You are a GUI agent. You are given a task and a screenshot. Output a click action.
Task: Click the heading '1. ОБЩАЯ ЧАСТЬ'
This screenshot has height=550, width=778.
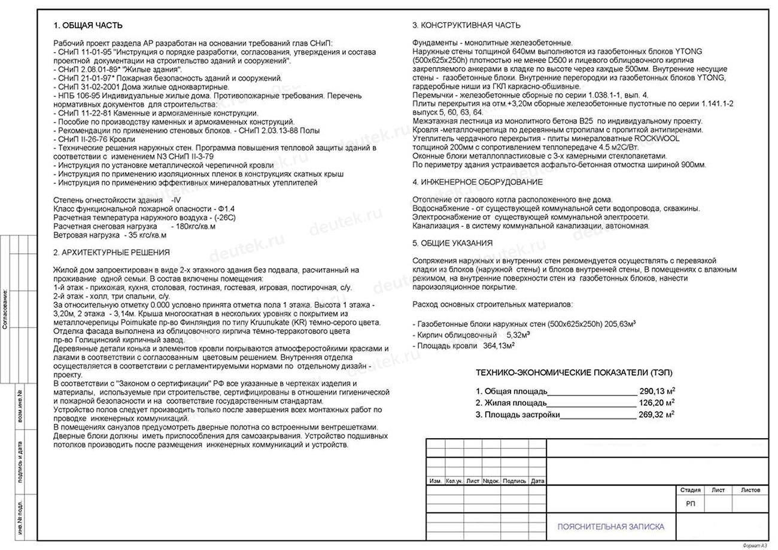click(88, 26)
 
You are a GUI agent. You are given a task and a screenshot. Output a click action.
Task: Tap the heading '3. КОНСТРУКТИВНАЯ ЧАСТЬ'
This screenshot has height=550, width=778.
click(466, 25)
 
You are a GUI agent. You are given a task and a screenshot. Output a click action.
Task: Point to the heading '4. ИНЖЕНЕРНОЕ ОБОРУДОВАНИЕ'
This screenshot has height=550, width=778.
click(478, 182)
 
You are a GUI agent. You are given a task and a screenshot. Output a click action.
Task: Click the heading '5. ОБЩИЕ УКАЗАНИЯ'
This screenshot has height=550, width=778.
click(452, 243)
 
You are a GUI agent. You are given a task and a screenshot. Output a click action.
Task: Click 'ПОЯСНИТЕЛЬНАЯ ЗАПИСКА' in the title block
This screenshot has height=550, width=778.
click(610, 527)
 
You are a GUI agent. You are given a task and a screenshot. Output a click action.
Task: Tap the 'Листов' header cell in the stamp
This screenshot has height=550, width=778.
click(750, 490)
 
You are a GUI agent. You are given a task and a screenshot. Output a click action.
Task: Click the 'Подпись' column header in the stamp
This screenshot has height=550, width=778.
click(515, 481)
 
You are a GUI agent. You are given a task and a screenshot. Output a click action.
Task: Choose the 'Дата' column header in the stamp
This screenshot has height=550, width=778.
click(538, 481)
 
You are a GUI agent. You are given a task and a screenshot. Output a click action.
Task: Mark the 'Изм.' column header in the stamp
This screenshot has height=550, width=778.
click(435, 481)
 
